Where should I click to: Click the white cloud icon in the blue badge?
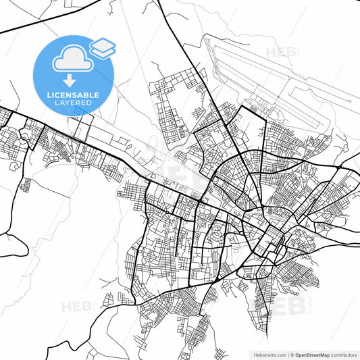click(72, 60)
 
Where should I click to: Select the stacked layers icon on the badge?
click(103, 47)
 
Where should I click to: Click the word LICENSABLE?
click(74, 95)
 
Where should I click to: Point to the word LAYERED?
click(74, 103)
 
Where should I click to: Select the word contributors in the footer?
click(346, 354)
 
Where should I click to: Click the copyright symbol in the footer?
click(293, 354)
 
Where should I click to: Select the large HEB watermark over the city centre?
click(182, 177)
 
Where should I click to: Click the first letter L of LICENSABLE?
click(49, 95)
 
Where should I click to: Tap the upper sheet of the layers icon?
click(103, 44)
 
